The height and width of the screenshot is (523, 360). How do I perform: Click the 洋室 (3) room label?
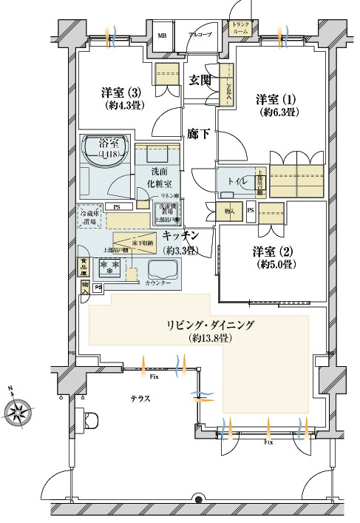[120, 93]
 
